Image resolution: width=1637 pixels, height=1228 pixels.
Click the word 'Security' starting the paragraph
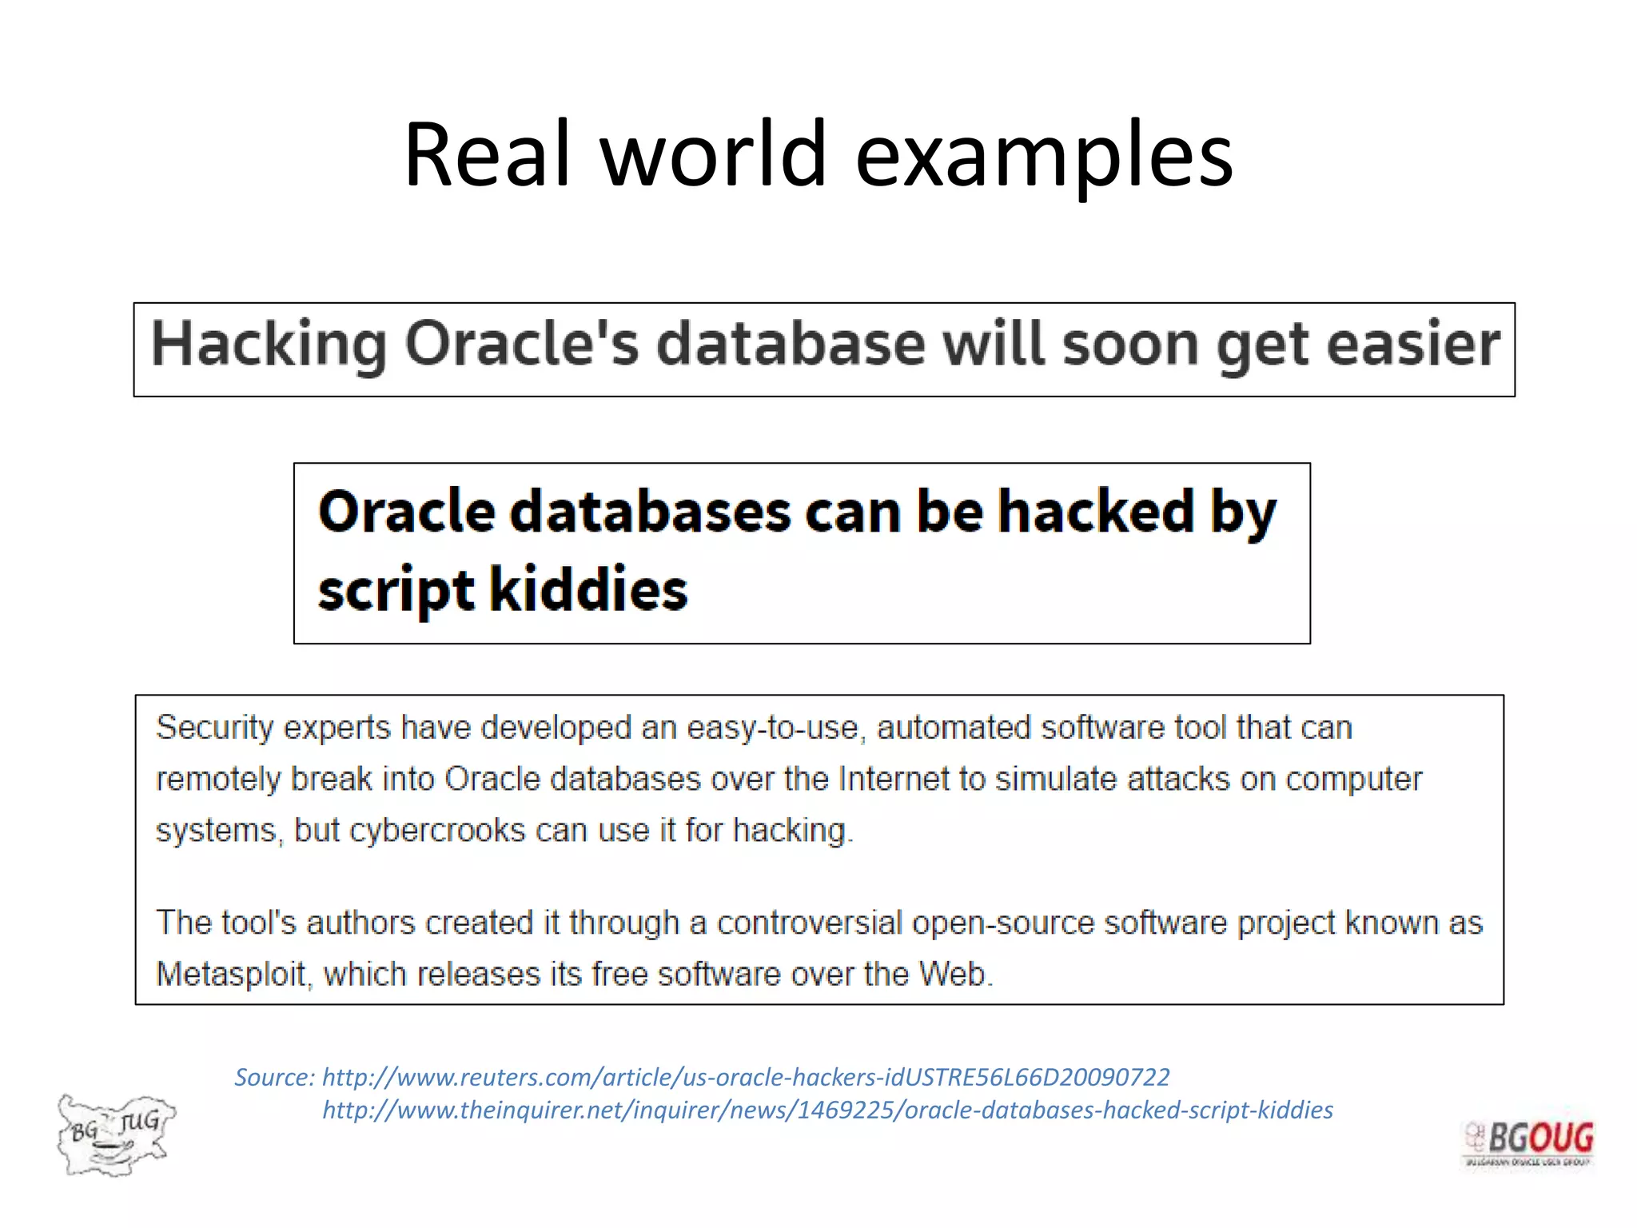(214, 728)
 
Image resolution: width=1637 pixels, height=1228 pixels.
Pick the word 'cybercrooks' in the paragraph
(438, 831)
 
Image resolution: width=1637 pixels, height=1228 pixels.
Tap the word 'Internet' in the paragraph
(891, 779)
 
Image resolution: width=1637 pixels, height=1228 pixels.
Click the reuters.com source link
(745, 1078)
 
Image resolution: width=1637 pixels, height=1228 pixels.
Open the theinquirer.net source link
(827, 1110)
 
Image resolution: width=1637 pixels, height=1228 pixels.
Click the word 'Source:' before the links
(274, 1078)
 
